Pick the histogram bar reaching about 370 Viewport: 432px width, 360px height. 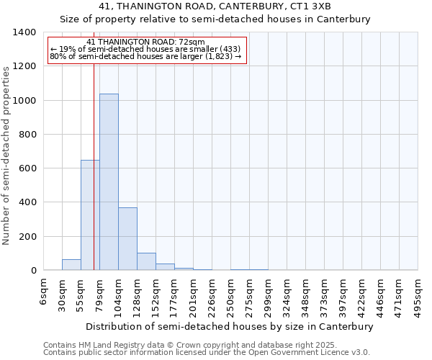coord(127,238)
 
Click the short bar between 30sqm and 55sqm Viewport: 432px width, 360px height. coord(71,264)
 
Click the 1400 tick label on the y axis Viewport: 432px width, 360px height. coord(24,32)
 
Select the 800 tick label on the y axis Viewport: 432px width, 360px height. coord(27,135)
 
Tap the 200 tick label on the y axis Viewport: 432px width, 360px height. coord(27,237)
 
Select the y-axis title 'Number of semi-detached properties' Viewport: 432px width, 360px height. coord(6,155)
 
